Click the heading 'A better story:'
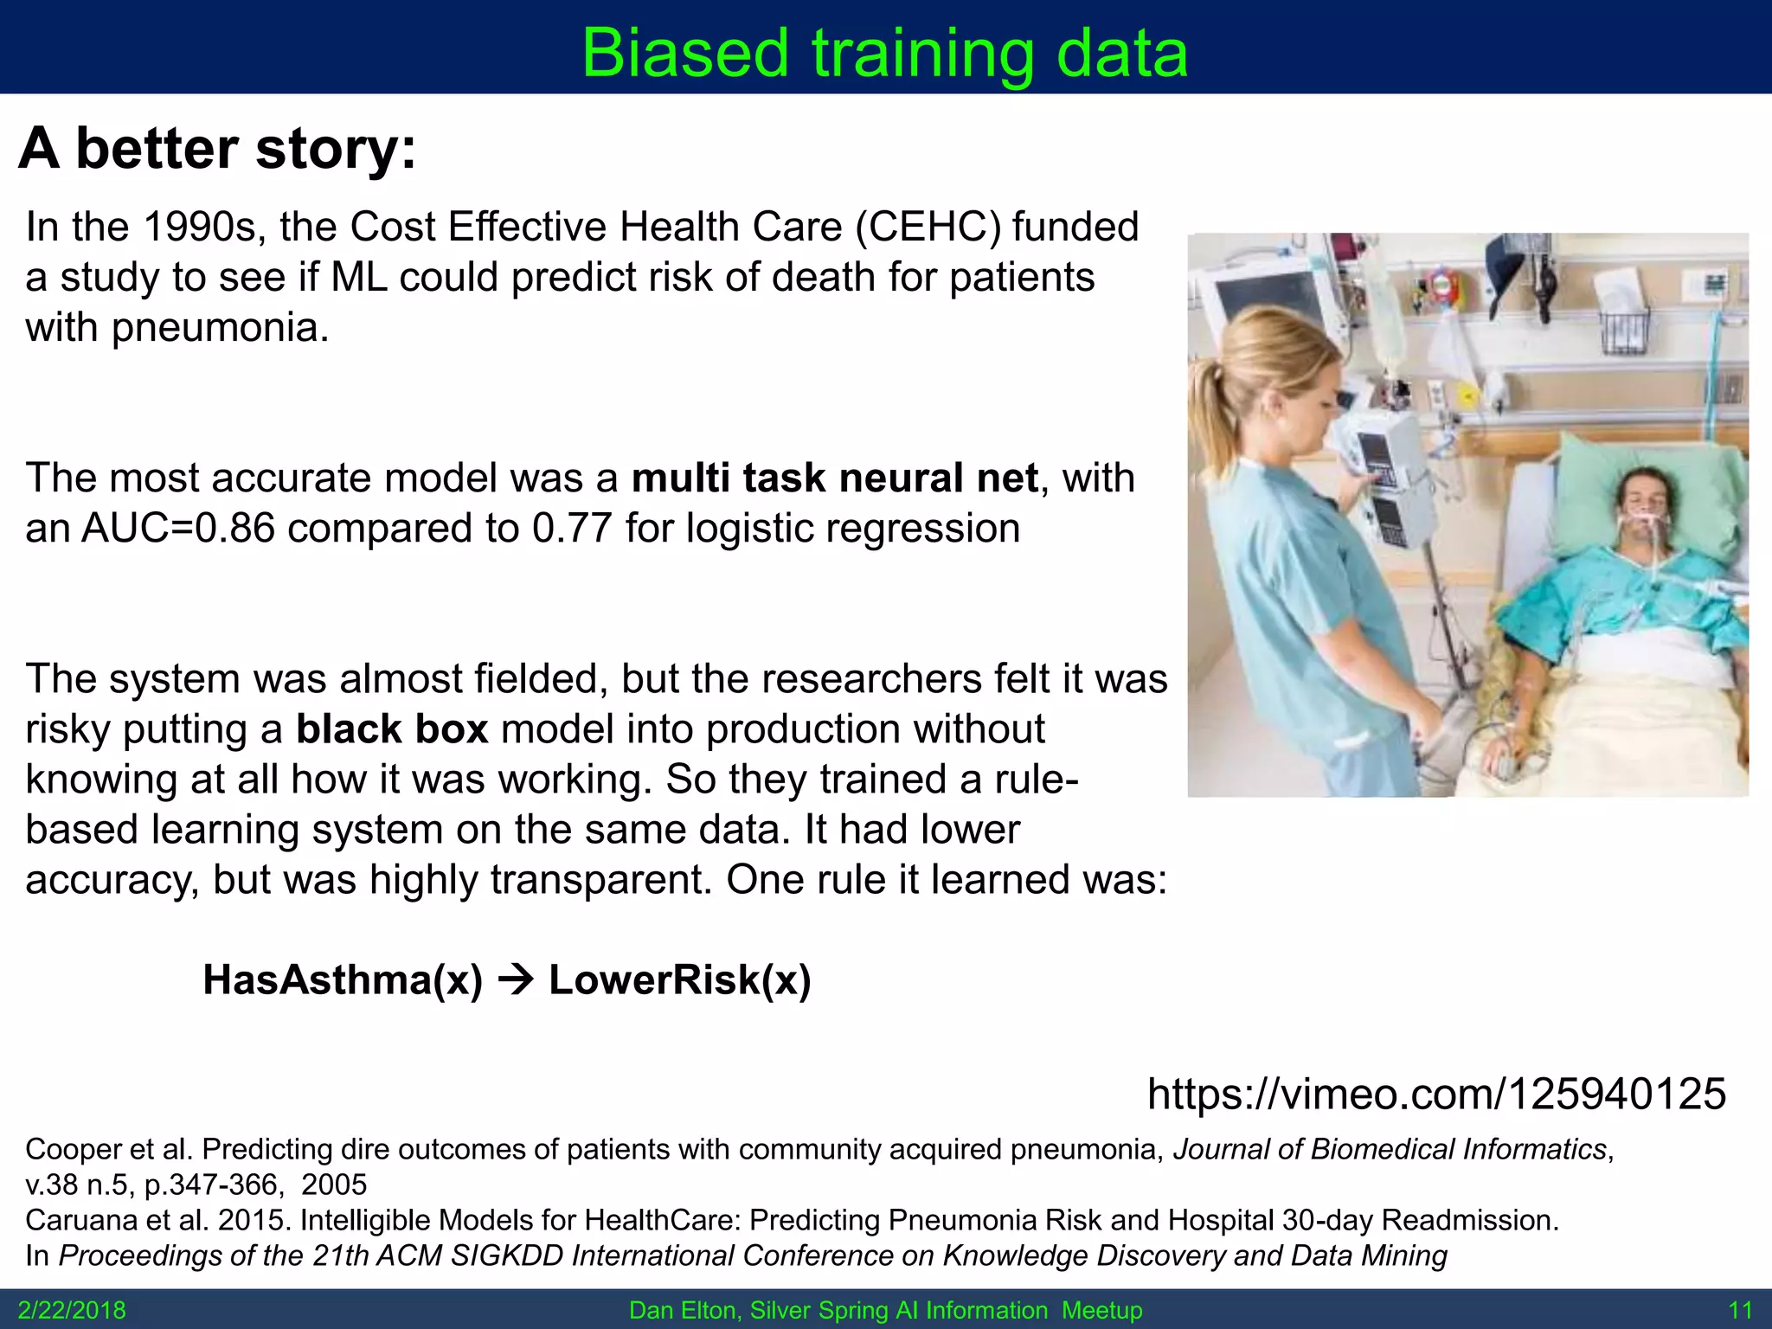(217, 149)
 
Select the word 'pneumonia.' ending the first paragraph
(220, 328)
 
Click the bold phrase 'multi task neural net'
(834, 478)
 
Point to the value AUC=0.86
(177, 529)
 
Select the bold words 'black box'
(392, 729)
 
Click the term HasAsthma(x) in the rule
(343, 980)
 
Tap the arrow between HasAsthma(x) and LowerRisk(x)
(517, 980)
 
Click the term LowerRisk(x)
(680, 980)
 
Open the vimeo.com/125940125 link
(1436, 1094)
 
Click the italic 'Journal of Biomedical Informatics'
(1390, 1149)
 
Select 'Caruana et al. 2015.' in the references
(158, 1220)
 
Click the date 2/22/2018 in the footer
(72, 1310)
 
